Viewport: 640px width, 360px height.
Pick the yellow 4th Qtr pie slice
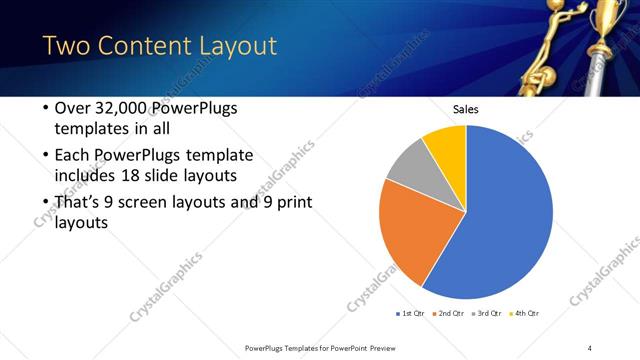click(446, 144)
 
